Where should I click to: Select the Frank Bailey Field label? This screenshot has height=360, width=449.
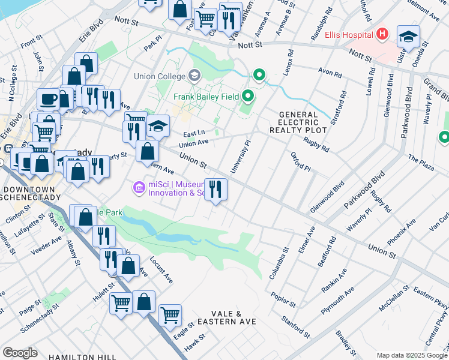(x=206, y=96)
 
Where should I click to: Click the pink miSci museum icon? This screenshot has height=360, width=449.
(x=139, y=188)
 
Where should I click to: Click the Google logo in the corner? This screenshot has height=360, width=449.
(x=20, y=352)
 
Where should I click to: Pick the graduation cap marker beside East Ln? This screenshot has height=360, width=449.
(x=158, y=127)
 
